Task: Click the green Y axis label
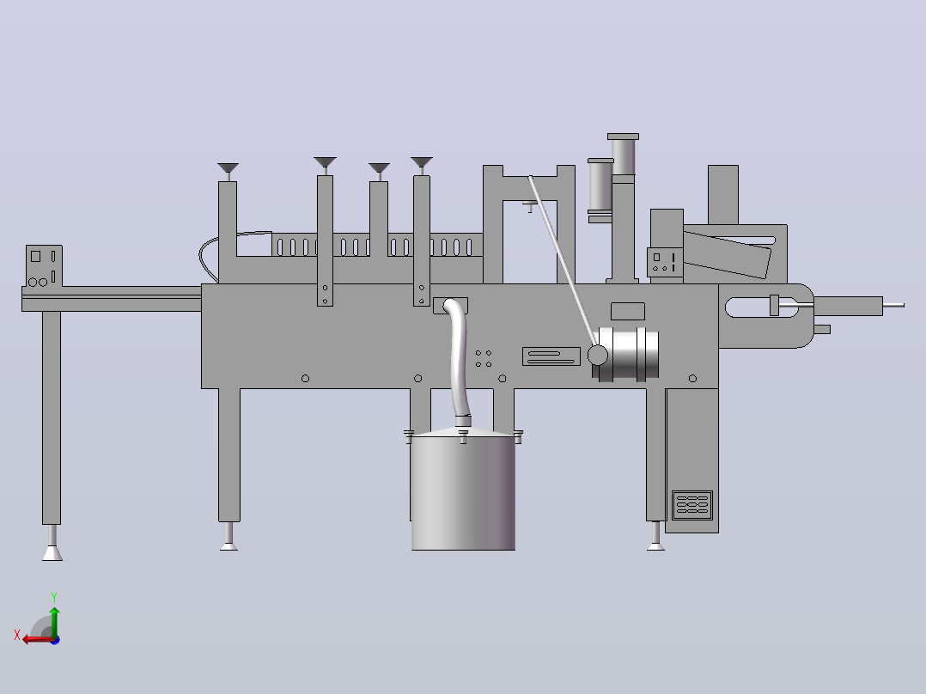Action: tap(54, 597)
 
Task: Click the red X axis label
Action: tap(17, 635)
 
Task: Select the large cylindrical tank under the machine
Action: tap(463, 490)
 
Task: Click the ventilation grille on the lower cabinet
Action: tap(692, 504)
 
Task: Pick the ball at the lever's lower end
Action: tap(597, 356)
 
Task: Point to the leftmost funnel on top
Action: tap(228, 168)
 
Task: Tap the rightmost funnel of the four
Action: tap(422, 162)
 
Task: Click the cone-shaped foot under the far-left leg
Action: tap(52, 553)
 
